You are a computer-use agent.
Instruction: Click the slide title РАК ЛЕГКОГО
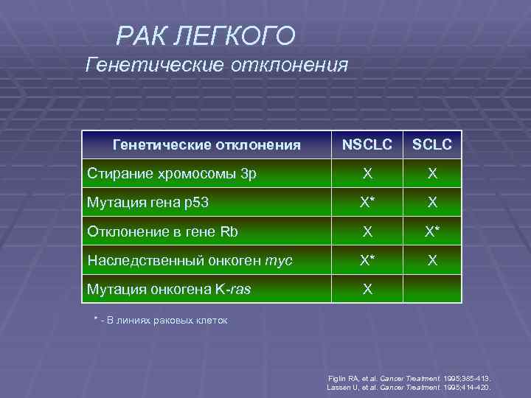coord(206,35)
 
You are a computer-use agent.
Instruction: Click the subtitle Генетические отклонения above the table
coord(216,66)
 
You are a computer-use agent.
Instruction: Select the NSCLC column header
coord(367,144)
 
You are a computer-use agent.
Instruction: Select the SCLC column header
coord(432,144)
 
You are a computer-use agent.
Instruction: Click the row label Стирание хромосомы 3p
coord(172,174)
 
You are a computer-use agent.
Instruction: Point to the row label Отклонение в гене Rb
coord(163,231)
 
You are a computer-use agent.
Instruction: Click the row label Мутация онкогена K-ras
coord(169,289)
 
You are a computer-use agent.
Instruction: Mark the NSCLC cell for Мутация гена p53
coord(367,202)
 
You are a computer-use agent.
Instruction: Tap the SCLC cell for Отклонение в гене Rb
coord(432,231)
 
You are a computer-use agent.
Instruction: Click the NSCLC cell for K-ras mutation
coord(367,289)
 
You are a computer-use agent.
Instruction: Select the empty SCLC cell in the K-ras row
coord(432,289)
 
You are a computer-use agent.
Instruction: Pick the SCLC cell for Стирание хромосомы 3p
coord(432,174)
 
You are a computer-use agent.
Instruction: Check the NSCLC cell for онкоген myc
coord(367,260)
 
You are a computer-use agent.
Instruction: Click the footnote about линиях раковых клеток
coord(161,321)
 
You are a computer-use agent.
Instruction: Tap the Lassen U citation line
coord(409,387)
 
